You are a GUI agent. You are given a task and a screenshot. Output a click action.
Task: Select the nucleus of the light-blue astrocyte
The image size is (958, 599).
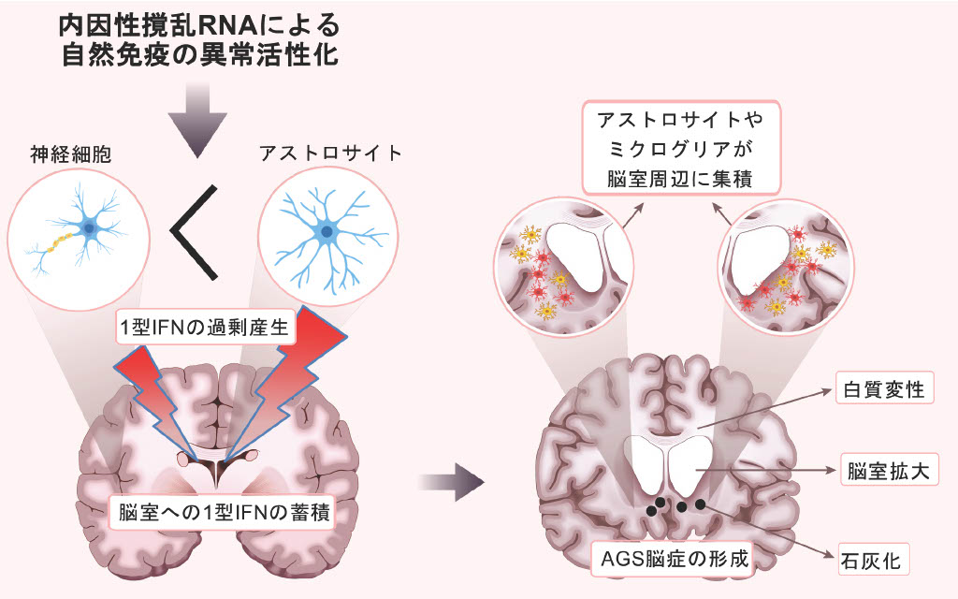coord(327,230)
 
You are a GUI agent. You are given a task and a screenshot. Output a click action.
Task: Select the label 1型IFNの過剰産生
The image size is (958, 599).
coord(207,329)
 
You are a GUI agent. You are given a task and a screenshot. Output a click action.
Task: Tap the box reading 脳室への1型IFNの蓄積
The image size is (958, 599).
coord(222,513)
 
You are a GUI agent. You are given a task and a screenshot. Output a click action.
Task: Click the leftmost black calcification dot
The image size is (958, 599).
coord(651,512)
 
